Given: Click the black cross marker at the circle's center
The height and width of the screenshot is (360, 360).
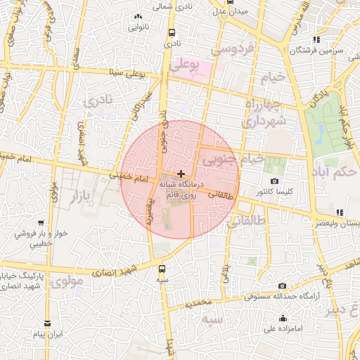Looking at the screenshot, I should (181, 173).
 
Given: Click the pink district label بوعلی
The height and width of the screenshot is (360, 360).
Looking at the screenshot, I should (186, 65).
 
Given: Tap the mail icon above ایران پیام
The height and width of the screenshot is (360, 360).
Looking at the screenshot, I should (47, 323).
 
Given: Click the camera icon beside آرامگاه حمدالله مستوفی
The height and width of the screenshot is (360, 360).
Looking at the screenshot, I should (283, 286).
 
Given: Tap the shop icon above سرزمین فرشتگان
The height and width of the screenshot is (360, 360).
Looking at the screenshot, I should (316, 39).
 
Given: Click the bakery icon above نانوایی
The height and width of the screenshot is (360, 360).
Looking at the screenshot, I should (137, 17).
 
